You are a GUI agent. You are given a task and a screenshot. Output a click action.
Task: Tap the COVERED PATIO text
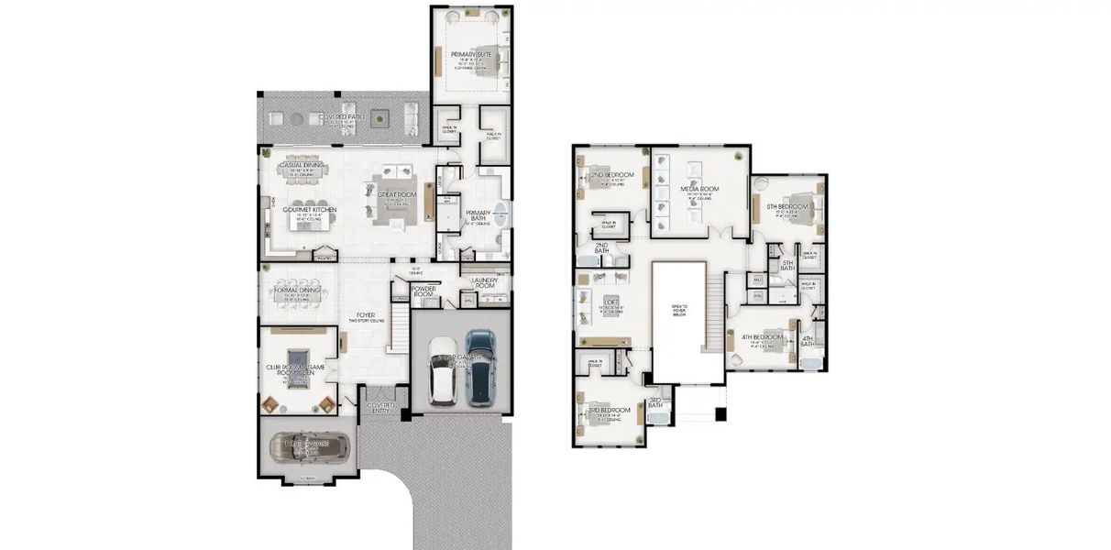[337, 117]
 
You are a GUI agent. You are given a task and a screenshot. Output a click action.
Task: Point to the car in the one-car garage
[310, 447]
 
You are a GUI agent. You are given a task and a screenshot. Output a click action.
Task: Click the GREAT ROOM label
[397, 194]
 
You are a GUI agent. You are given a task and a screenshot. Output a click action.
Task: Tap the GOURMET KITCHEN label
[310, 210]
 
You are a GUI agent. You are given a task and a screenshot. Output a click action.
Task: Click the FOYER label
[366, 315]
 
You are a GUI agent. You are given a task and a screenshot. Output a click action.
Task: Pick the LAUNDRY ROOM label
[484, 282]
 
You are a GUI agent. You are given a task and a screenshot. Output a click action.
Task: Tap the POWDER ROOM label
[424, 291]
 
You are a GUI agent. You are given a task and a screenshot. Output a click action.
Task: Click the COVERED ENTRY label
[380, 407]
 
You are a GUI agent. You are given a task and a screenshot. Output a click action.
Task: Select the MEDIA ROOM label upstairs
[698, 189]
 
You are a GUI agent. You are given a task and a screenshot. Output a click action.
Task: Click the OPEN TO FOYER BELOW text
[678, 309]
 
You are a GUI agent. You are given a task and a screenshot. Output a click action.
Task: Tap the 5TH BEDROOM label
[787, 207]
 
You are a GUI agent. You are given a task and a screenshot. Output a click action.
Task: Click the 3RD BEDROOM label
[609, 410]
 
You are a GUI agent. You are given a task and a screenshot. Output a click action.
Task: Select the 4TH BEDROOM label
[763, 336]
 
